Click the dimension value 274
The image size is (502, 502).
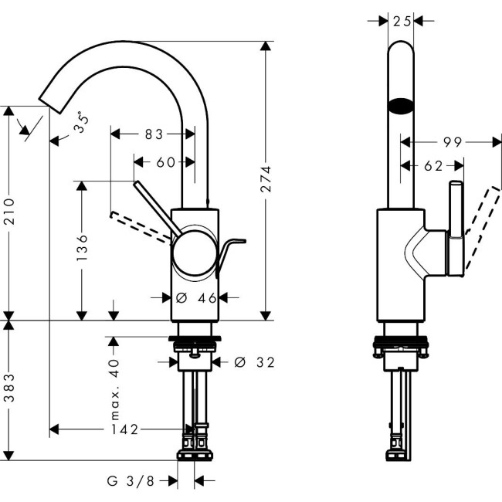(266, 178)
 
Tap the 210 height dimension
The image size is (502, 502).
(8, 210)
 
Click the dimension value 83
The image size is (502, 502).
(154, 134)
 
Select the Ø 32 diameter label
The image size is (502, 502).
(254, 361)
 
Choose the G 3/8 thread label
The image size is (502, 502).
(131, 481)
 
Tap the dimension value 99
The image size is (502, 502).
(452, 141)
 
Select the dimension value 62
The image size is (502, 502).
(432, 165)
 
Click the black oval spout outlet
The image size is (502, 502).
(400, 107)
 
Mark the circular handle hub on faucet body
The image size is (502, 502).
(195, 254)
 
